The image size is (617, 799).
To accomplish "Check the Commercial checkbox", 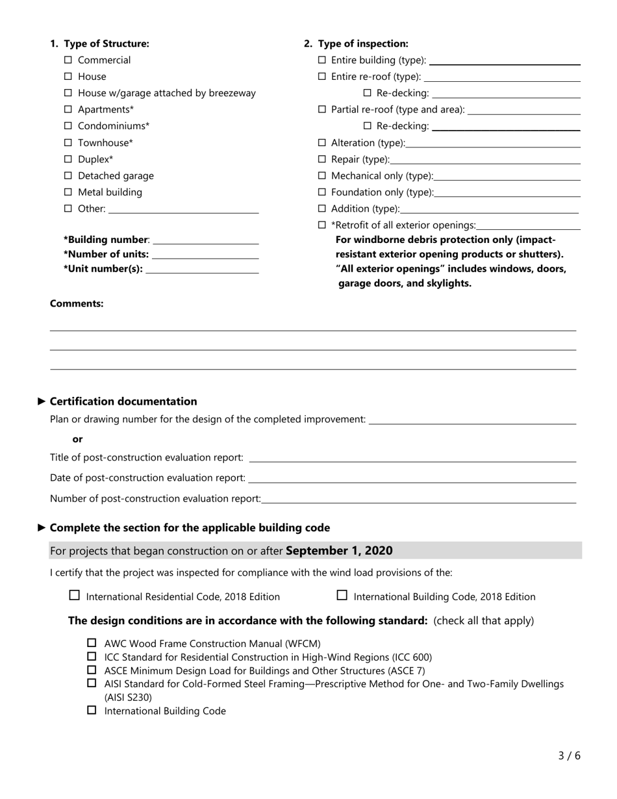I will click(69, 60).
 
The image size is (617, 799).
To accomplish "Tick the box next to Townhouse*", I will click(69, 143).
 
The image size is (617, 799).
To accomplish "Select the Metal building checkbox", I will click(69, 192).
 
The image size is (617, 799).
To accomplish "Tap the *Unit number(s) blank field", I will click(202, 270).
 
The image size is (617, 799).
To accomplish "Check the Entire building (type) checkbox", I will click(322, 60).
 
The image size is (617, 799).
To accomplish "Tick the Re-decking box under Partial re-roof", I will click(368, 126).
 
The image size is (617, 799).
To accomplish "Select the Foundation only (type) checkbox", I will click(322, 192).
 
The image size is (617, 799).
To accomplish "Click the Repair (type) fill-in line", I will click(485, 160).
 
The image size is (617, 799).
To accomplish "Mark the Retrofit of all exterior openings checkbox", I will click(322, 225).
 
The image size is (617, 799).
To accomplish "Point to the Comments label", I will click(77, 303).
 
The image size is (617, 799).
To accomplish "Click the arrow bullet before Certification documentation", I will click(43, 401).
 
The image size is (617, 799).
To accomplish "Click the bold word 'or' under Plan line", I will click(77, 439).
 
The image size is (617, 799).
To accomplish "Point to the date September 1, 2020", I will click(338, 551).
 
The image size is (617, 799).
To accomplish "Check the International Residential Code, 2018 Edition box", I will click(75, 595).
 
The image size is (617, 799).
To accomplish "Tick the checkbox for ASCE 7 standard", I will click(92, 670).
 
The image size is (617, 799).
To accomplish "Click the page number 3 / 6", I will click(569, 755).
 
